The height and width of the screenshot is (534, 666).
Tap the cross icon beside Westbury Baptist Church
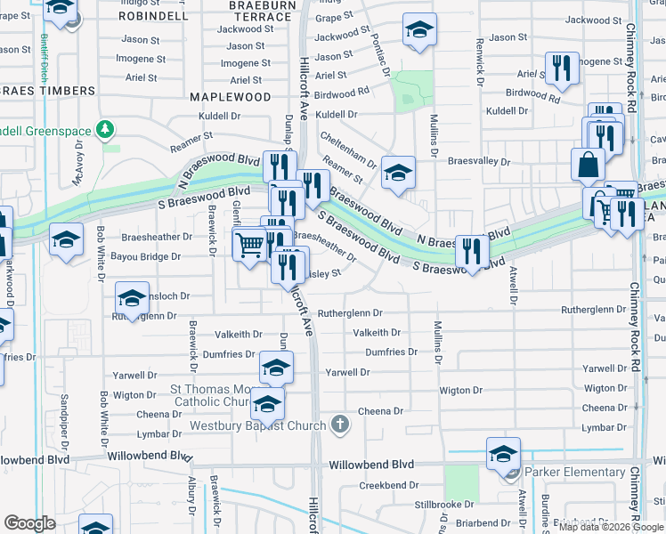338,425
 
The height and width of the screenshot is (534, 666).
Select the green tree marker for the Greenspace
107,130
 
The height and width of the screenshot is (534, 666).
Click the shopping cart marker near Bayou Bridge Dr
250,243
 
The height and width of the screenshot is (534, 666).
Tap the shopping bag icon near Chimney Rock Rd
589,165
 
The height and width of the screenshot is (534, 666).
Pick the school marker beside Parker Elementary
503,454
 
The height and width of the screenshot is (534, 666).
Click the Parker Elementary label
574,472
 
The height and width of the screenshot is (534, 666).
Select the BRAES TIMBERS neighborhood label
48,91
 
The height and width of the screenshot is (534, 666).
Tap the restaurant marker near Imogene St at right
561,70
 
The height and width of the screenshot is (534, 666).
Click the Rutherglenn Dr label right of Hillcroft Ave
350,313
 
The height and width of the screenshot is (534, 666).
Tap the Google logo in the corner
30,524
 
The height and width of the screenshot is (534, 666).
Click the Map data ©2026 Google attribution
611,527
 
